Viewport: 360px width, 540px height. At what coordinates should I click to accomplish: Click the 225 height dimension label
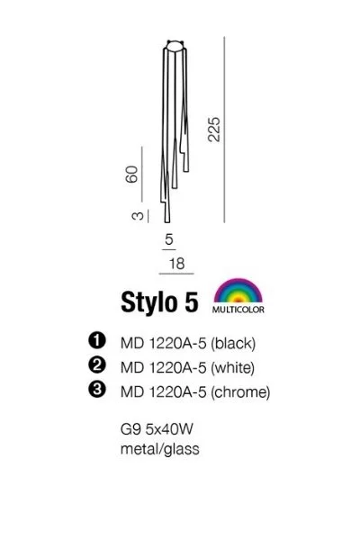213,130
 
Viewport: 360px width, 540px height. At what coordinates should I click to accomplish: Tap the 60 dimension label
132,175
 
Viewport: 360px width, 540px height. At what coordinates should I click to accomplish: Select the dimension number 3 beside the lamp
138,216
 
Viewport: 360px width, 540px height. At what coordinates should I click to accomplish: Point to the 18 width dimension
176,264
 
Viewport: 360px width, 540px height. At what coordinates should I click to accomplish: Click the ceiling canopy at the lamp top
175,46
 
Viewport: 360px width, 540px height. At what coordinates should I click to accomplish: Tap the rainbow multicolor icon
238,291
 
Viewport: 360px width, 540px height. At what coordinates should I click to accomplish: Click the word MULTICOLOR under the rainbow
238,310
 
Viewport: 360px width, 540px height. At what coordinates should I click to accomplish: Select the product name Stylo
148,302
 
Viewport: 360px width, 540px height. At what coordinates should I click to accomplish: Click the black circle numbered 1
97,340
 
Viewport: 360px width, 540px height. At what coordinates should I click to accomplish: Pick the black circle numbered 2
97,364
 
